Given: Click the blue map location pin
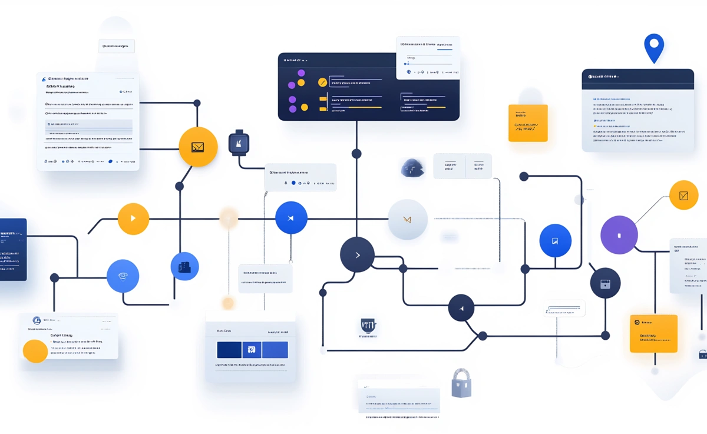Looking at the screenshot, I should point(654,47).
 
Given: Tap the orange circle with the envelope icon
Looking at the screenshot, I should point(198,147).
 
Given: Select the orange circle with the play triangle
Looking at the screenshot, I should point(133,218).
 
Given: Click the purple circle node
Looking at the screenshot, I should point(619,235).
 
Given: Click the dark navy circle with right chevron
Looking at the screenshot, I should point(357,255).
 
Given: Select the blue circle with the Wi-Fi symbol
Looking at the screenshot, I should point(123,276).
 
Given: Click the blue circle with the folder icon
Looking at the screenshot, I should point(184,266).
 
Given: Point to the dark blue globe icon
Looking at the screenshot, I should point(412,168).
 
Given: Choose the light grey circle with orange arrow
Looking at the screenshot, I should point(407,220).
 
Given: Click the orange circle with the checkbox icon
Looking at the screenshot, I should point(683,196).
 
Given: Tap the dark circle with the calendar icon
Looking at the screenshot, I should point(605,283).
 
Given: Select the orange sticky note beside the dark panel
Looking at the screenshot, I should point(528,123).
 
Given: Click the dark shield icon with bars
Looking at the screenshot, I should point(368,325).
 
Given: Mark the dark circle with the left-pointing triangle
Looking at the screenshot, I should point(461,309).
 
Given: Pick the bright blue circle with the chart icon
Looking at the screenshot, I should point(555,240).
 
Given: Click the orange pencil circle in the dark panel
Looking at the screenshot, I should point(322,82).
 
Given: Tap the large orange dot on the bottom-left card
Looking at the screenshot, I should point(35,351).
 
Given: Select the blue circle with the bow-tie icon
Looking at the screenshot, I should point(291,218).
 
